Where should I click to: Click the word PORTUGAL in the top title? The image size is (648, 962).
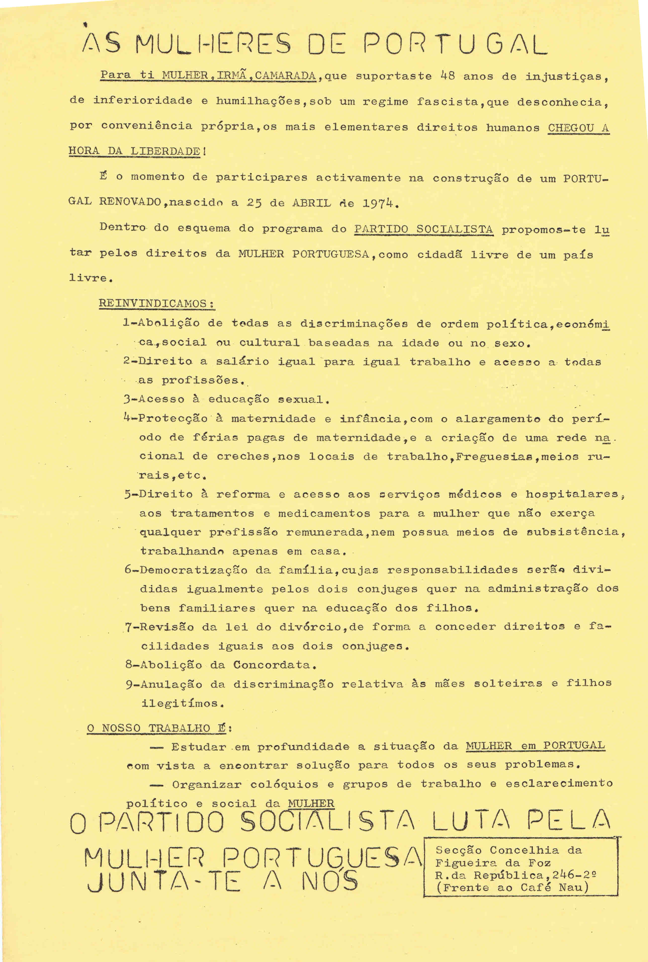pyautogui.click(x=455, y=44)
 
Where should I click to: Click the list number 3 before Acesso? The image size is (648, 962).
pyautogui.click(x=127, y=399)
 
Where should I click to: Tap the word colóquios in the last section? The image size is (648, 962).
pyautogui.click(x=284, y=784)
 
